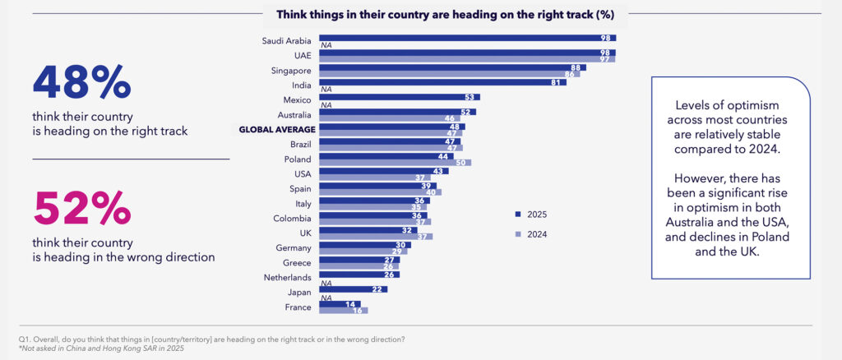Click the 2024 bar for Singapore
(x=449, y=74)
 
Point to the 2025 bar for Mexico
(x=400, y=97)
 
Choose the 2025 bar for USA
(x=384, y=171)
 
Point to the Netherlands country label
(x=286, y=277)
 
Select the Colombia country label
(x=292, y=218)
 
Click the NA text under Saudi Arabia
(x=326, y=45)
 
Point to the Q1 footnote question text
(x=210, y=339)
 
